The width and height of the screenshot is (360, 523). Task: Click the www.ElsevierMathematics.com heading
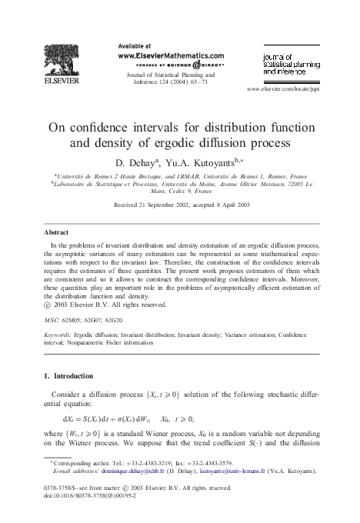[169, 55]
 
